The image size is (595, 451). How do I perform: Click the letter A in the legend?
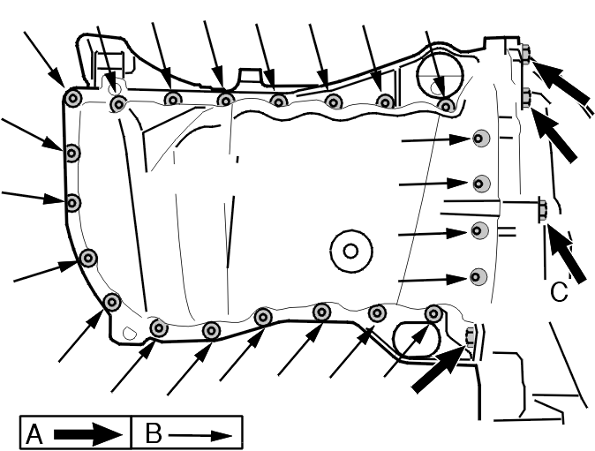click(x=34, y=434)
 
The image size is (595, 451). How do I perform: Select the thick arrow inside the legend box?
click(x=88, y=434)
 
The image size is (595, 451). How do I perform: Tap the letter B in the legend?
click(x=154, y=433)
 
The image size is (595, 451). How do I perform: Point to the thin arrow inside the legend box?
click(x=200, y=435)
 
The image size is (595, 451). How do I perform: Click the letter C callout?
click(x=559, y=291)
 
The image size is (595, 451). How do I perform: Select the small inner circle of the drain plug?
click(x=350, y=251)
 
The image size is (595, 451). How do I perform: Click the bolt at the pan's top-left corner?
click(x=72, y=99)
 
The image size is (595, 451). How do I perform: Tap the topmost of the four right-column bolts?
click(x=481, y=139)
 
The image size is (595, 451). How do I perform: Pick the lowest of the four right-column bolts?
click(x=478, y=276)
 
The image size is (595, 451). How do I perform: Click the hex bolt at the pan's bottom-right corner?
click(x=470, y=337)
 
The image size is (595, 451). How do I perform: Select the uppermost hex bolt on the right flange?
click(x=525, y=53)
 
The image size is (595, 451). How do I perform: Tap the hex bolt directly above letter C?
click(x=543, y=210)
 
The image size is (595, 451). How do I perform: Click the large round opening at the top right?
click(x=440, y=75)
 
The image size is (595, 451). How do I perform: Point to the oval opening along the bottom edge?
click(x=417, y=339)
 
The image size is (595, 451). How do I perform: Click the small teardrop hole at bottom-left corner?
click(x=130, y=333)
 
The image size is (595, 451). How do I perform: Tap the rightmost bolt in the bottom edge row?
click(x=433, y=313)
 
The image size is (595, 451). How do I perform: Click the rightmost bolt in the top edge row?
click(x=446, y=107)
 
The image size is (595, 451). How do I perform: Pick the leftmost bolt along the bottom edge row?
click(x=159, y=327)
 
